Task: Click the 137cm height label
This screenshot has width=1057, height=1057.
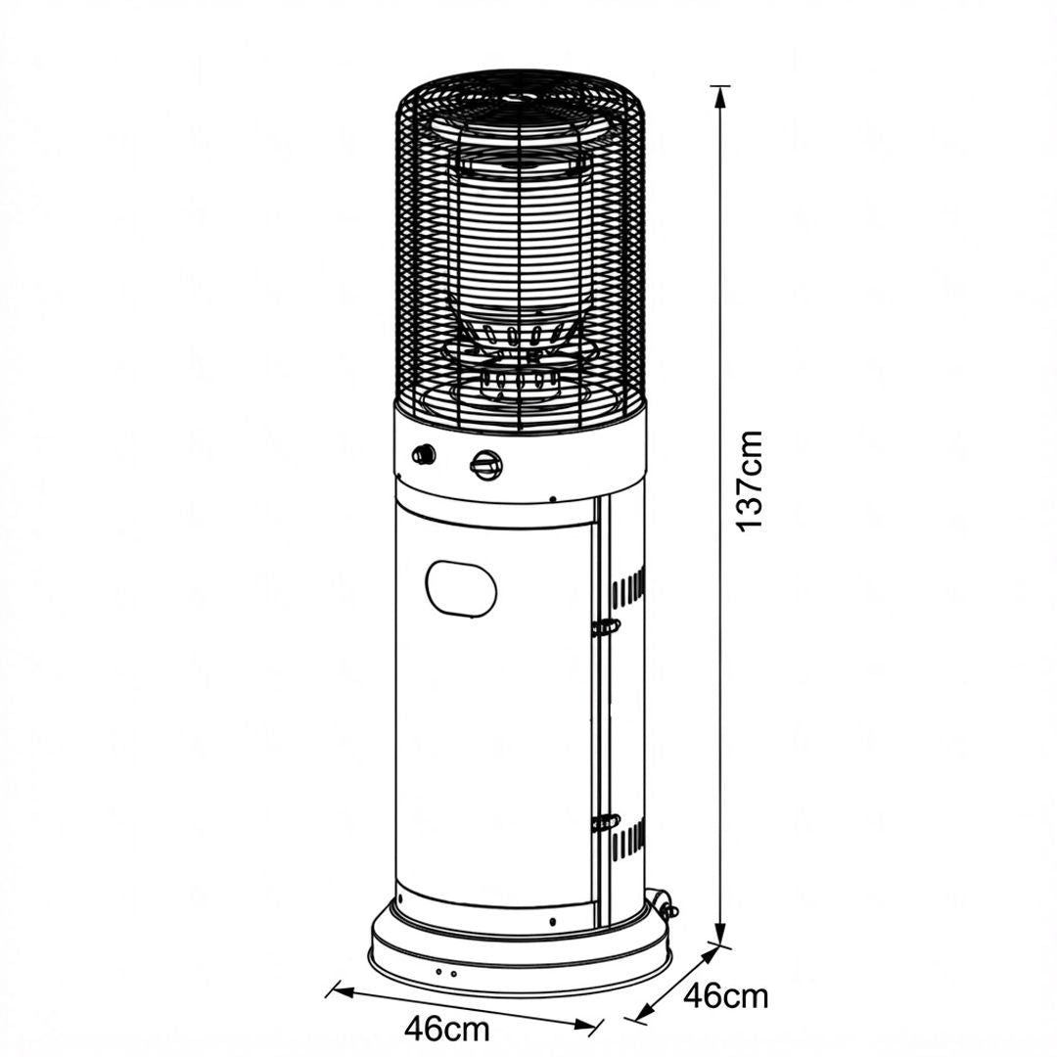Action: (x=750, y=481)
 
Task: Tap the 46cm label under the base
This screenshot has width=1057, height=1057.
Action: (x=447, y=1030)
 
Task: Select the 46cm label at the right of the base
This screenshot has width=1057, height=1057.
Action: (x=725, y=995)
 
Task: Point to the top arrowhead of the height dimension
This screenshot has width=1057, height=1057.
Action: (x=720, y=97)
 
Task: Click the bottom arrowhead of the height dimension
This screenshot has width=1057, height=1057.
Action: (x=720, y=934)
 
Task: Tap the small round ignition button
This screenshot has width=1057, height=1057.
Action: (x=424, y=454)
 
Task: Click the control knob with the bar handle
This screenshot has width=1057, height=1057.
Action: (x=486, y=465)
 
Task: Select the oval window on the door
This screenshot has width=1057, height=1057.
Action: (x=461, y=587)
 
